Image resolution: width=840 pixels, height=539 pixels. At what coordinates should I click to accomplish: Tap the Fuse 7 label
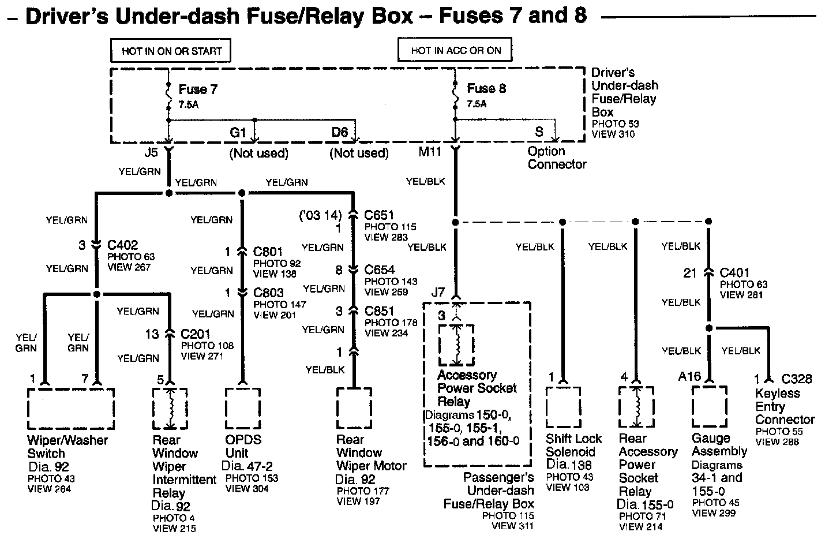click(x=198, y=89)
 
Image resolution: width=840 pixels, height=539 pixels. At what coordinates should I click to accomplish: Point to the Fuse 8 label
click(x=486, y=88)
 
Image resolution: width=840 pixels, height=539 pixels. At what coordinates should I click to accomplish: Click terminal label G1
click(x=238, y=132)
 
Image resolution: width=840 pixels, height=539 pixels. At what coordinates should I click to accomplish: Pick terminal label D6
click(x=340, y=132)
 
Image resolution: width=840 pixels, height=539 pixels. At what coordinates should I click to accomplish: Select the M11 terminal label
click(x=430, y=152)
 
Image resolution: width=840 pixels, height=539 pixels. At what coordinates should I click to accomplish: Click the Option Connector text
click(x=557, y=158)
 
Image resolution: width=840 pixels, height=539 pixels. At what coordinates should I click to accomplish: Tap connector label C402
click(x=123, y=245)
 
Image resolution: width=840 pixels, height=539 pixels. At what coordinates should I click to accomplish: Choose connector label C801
click(x=268, y=252)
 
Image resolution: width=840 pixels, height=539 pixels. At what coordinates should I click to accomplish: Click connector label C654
click(x=380, y=269)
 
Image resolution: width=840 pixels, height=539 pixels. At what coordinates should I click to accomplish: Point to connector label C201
click(x=195, y=334)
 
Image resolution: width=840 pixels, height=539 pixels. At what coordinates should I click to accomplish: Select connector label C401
click(x=734, y=273)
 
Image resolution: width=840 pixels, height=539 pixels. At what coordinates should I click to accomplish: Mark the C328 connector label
click(x=797, y=379)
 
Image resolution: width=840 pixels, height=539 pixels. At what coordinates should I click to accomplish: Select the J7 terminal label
click(x=438, y=292)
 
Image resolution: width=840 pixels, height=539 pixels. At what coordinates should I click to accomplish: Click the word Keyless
click(x=777, y=393)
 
